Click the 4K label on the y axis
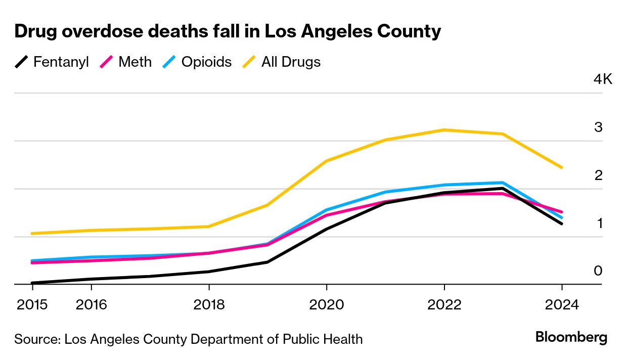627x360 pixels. pyautogui.click(x=603, y=79)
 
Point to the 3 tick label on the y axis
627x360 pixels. pyautogui.click(x=598, y=127)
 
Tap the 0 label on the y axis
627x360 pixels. pyautogui.click(x=598, y=271)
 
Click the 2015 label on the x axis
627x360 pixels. pyautogui.click(x=32, y=305)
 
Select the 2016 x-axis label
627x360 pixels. pyautogui.click(x=91, y=305)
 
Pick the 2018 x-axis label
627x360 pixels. pyautogui.click(x=209, y=305)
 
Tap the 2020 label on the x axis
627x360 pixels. pyautogui.click(x=327, y=305)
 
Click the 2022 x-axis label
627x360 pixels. pyautogui.click(x=444, y=305)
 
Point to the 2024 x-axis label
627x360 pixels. pyautogui.click(x=561, y=305)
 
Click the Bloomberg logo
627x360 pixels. pyautogui.click(x=571, y=337)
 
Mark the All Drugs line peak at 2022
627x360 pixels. pyautogui.click(x=444, y=130)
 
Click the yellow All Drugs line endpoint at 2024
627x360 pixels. pyautogui.click(x=561, y=167)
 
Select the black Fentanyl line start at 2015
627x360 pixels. pyautogui.click(x=32, y=283)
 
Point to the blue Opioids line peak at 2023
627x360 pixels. pyautogui.click(x=503, y=183)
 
